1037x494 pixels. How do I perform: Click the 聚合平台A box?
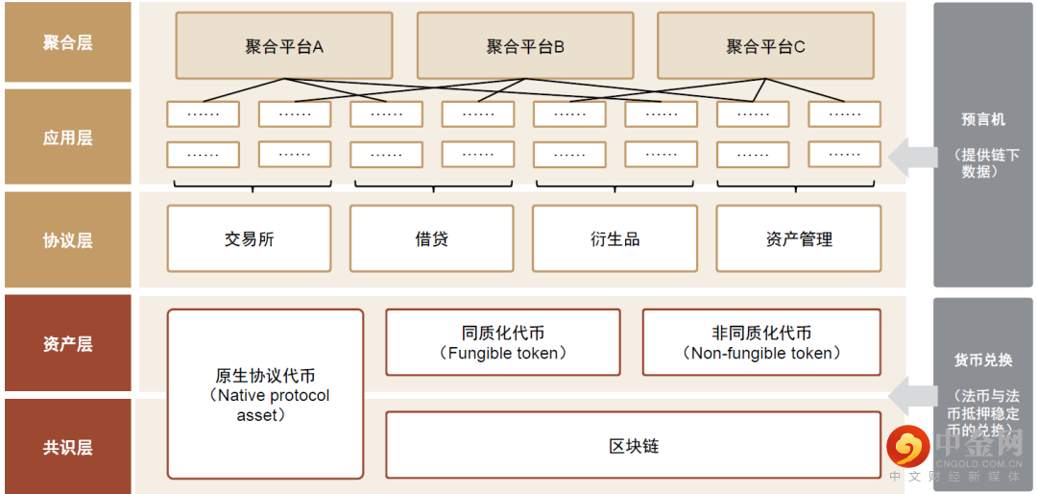click(x=283, y=45)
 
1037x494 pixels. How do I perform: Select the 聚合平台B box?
click(x=524, y=45)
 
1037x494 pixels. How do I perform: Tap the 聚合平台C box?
click(x=765, y=45)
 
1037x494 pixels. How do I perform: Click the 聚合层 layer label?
click(x=67, y=42)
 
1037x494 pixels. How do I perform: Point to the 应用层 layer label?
click(x=67, y=137)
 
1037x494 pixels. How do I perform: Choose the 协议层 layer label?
click(x=67, y=240)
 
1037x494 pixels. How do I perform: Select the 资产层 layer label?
click(x=67, y=343)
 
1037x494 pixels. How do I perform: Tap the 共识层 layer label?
click(x=67, y=447)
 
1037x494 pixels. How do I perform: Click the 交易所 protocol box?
click(x=249, y=238)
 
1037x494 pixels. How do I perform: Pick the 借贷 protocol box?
click(x=431, y=238)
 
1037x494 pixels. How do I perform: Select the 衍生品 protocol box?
click(x=615, y=238)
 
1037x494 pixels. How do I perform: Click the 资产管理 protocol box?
click(x=799, y=238)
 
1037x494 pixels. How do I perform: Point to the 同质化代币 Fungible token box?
click(x=502, y=342)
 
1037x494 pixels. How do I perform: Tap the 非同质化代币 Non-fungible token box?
click(x=760, y=342)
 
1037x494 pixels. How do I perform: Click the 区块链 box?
click(x=633, y=446)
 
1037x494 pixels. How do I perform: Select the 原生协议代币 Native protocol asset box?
click(x=265, y=394)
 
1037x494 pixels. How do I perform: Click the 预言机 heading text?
click(x=983, y=119)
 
